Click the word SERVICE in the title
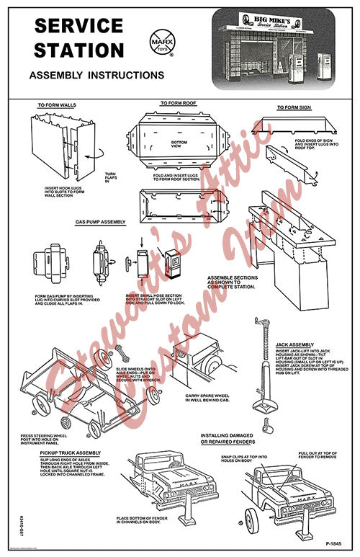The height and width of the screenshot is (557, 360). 80,26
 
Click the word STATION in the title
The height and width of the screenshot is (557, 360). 80,50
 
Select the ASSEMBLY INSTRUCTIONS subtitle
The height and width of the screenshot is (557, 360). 96,75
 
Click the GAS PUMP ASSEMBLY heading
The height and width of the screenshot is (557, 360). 101,223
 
